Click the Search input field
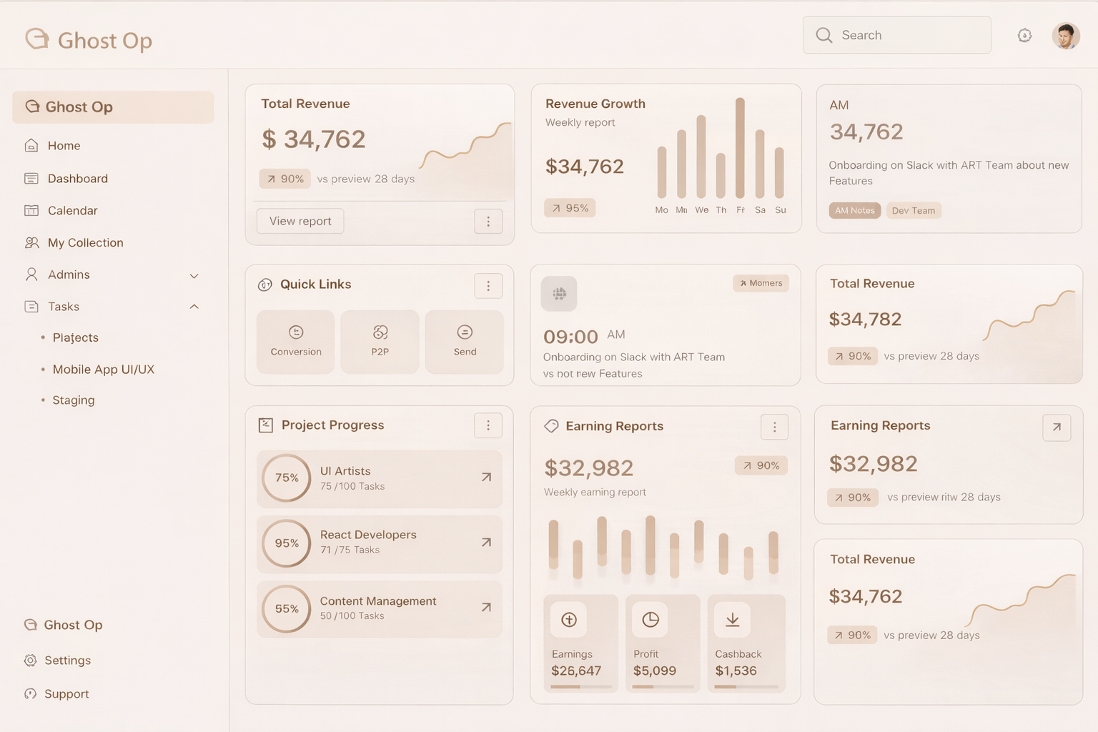pos(896,35)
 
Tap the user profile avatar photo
pos(1065,36)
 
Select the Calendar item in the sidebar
pos(72,211)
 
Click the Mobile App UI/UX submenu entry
pos(103,370)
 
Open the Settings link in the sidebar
pos(67,661)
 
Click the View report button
pos(300,222)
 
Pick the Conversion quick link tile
pos(296,341)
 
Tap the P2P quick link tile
pos(380,341)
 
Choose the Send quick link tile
pos(465,341)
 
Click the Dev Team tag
pos(913,211)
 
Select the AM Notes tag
pos(855,211)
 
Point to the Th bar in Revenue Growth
pos(721,175)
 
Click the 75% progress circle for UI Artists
pos(287,478)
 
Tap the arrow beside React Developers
pos(486,543)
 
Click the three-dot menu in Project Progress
pos(488,426)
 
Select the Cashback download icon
pos(733,620)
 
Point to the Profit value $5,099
pos(654,671)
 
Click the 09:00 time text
pos(570,337)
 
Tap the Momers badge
pos(761,284)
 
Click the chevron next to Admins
pos(194,276)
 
